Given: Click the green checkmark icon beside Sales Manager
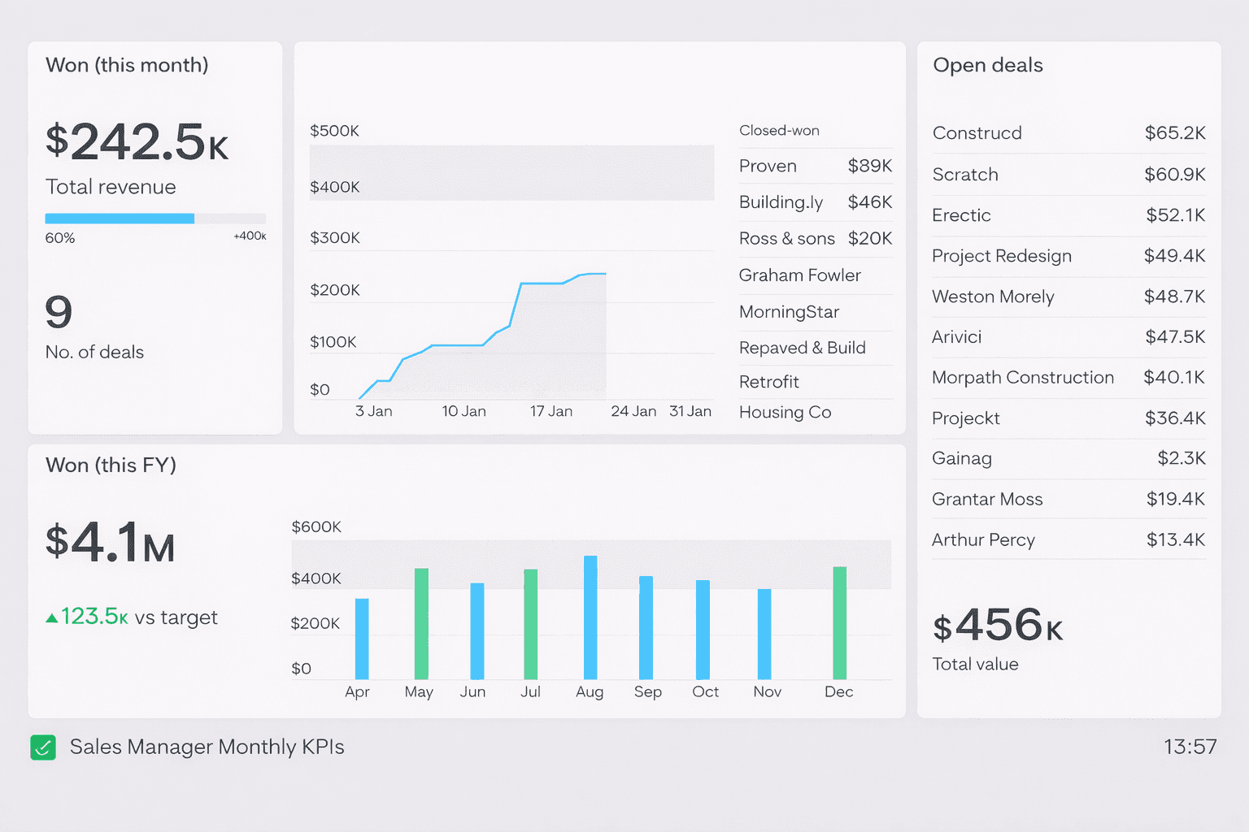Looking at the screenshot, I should (43, 747).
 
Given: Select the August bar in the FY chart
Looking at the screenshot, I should (590, 617).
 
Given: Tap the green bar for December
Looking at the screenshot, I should (840, 622).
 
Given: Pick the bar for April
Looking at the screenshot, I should (362, 639).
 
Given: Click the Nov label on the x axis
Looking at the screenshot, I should (767, 691).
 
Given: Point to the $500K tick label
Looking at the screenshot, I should (334, 131).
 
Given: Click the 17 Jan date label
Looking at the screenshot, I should (551, 411).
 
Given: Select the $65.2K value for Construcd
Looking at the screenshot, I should (1174, 133).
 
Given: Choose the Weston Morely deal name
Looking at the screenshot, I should (993, 297).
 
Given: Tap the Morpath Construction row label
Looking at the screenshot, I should (1022, 378).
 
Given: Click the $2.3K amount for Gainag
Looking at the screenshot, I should (1181, 458).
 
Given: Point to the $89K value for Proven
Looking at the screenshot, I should (869, 166).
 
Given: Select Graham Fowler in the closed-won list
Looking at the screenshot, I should (799, 275).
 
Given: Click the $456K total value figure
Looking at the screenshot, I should (998, 626).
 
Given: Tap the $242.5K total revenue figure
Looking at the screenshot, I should (137, 142).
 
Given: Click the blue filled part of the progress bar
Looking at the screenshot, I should (120, 219).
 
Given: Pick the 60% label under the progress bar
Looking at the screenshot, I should (60, 238).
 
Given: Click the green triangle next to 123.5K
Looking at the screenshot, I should (52, 618).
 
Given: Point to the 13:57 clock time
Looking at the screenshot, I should (1190, 747).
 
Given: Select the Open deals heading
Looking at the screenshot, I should (987, 65).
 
